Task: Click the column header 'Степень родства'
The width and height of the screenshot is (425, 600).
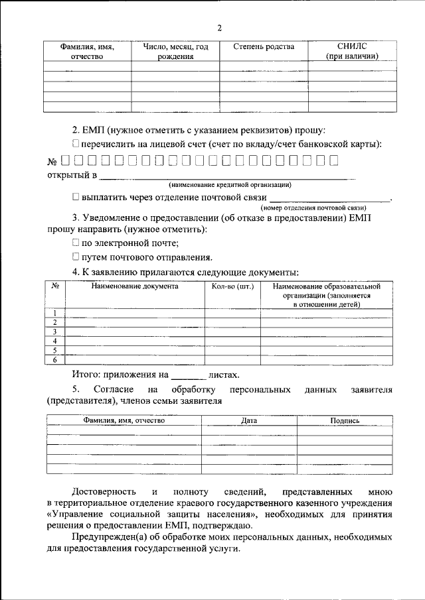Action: [264, 47]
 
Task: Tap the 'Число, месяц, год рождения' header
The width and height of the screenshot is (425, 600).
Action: [175, 52]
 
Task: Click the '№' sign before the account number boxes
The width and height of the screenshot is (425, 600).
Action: [52, 161]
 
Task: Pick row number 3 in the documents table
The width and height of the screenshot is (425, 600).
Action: [55, 331]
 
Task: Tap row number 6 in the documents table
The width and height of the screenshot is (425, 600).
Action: [55, 359]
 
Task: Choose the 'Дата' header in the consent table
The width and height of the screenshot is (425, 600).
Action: [249, 420]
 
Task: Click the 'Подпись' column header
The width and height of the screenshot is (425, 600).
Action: [345, 420]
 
